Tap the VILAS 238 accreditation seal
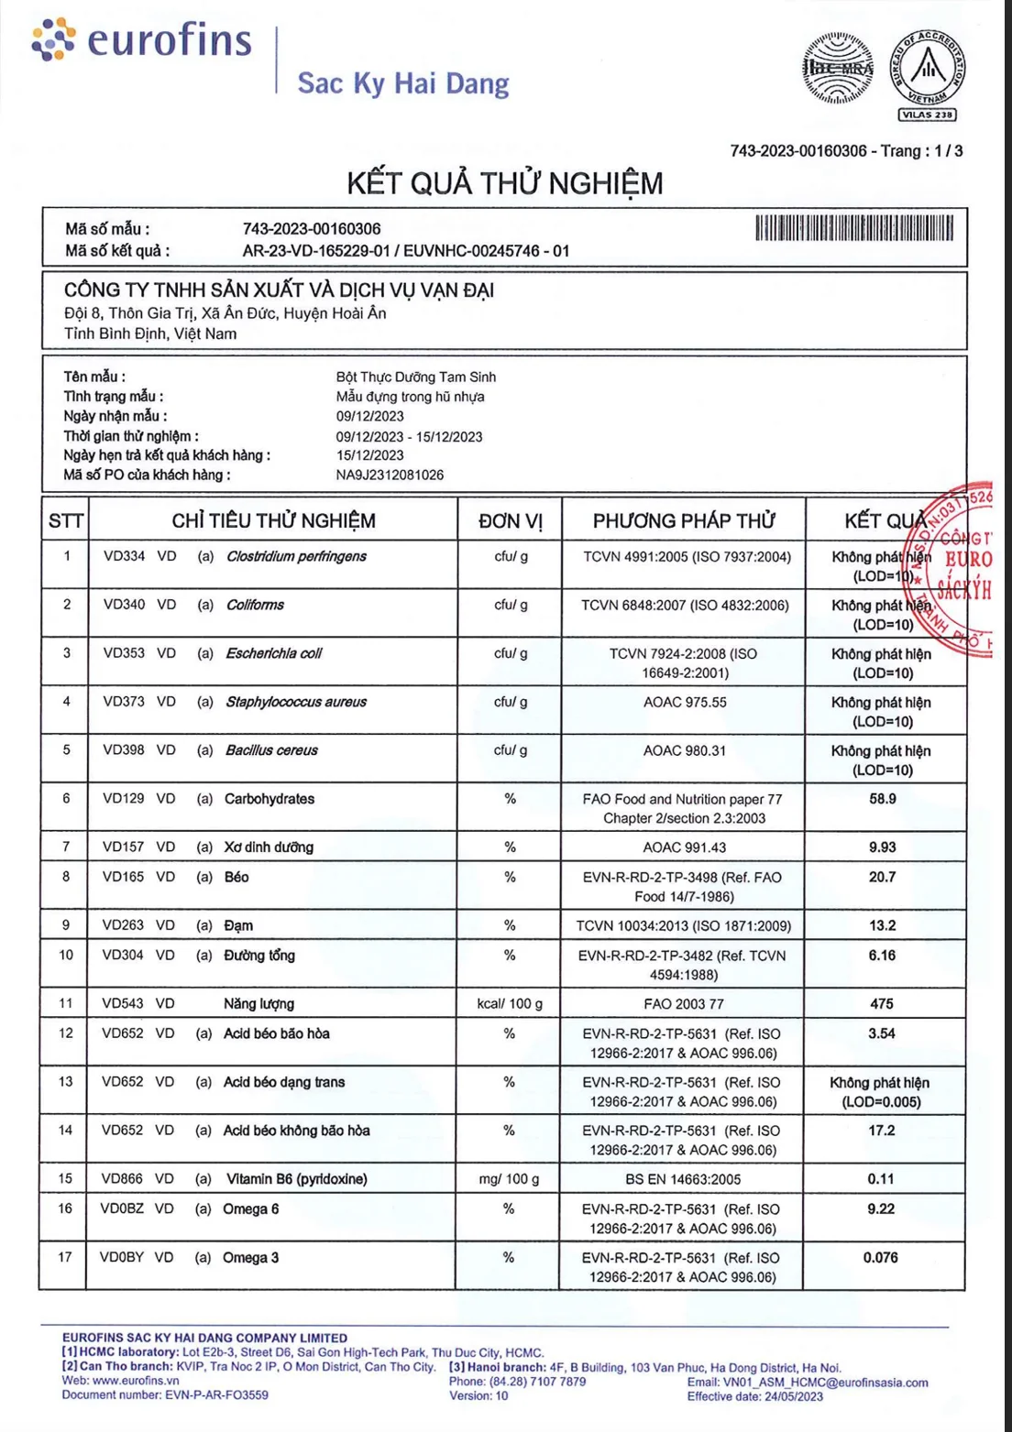[928, 73]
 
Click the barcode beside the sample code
[854, 227]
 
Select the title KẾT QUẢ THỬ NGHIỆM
[505, 183]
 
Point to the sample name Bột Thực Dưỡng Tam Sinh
[416, 377]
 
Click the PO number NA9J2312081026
[390, 475]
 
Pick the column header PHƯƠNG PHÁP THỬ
[684, 520]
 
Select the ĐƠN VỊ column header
[510, 520]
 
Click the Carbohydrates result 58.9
[883, 799]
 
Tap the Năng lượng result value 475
[882, 1003]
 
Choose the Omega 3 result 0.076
[881, 1257]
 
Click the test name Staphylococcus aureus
[296, 702]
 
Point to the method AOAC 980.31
[685, 750]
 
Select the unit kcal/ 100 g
[510, 1003]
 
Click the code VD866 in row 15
[122, 1178]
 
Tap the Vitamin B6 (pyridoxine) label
[297, 1179]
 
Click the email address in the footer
[808, 1383]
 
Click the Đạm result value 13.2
[883, 925]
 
